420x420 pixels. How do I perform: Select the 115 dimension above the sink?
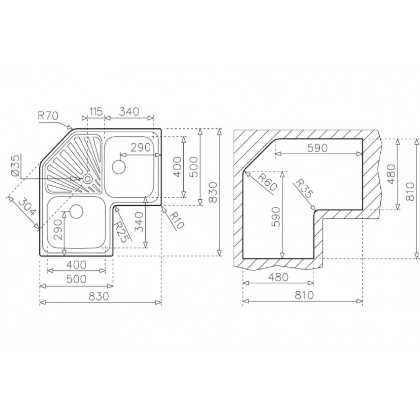[96, 112]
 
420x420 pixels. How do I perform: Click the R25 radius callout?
[123, 230]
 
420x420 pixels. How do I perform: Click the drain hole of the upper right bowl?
[119, 167]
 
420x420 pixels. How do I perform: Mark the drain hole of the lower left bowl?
[77, 211]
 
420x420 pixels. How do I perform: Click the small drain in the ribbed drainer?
[87, 178]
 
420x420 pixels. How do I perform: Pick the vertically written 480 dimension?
[391, 175]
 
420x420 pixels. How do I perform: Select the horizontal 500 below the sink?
[76, 279]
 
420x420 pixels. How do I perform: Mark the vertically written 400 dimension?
[177, 167]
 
